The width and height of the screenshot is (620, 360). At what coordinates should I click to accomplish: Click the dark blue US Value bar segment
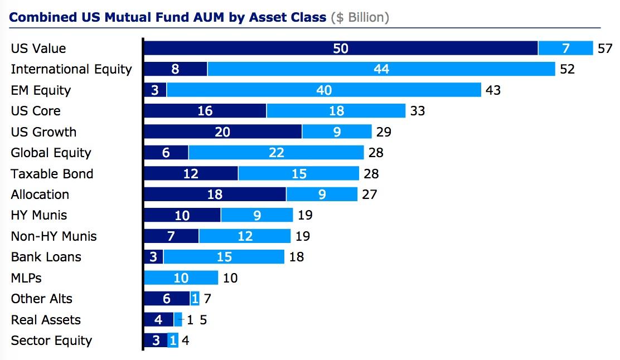coord(341,48)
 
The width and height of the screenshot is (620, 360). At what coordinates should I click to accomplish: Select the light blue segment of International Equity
coord(381,69)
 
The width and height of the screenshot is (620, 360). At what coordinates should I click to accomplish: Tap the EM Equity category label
coord(41,90)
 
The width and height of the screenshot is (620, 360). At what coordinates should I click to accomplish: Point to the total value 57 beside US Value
coord(605,48)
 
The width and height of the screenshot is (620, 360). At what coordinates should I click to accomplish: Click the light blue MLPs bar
coord(181,278)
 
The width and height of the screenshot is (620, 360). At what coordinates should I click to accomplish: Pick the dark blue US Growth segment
coord(222,132)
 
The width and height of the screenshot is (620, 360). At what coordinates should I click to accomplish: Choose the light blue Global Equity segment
coord(277,153)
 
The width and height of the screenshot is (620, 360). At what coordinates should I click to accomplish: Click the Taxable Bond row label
coord(52,174)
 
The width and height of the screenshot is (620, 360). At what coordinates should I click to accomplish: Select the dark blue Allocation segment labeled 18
coord(215,194)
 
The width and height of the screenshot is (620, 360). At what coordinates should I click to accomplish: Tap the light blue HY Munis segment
coord(256,215)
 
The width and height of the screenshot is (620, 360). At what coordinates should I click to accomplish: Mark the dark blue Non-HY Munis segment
coord(171,236)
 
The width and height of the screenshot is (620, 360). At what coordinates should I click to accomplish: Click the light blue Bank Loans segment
coord(224,257)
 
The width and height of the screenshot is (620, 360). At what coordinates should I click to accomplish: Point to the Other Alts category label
coord(41,299)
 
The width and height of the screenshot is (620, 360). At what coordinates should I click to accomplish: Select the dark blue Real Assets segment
coord(158,320)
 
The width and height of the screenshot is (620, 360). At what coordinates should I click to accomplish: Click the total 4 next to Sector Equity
coord(186,340)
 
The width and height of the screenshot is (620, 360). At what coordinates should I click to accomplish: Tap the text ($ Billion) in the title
coord(360,17)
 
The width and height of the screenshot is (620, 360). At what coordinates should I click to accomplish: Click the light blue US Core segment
coord(336,111)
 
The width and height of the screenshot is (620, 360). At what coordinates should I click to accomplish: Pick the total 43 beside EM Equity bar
coord(493,90)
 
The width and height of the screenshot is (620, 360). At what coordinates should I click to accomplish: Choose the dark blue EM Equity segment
coord(155,90)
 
